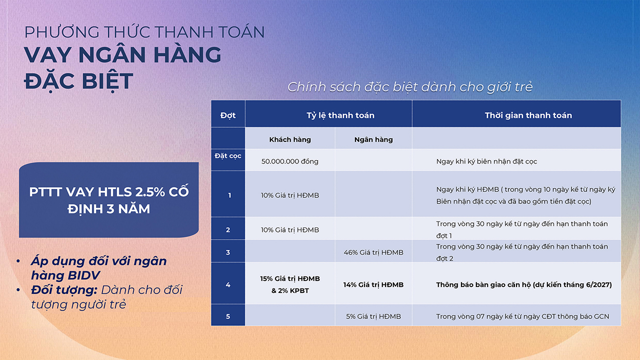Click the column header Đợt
[227, 115]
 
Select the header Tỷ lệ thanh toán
[340, 115]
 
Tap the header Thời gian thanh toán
[528, 115]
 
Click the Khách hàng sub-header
[290, 139]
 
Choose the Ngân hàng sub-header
[373, 139]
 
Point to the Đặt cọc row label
[227, 156]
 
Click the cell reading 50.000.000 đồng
[289, 161]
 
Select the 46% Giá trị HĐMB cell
[373, 252]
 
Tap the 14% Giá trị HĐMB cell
[373, 285]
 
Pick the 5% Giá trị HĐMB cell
[373, 316]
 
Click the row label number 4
[228, 285]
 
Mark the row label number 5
[228, 316]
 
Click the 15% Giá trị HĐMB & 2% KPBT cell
[290, 284]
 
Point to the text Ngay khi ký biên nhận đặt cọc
[486, 161]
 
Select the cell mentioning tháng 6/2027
[524, 285]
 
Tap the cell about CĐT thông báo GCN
[522, 316]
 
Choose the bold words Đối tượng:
[64, 290]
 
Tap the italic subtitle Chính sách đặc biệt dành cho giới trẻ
[410, 87]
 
